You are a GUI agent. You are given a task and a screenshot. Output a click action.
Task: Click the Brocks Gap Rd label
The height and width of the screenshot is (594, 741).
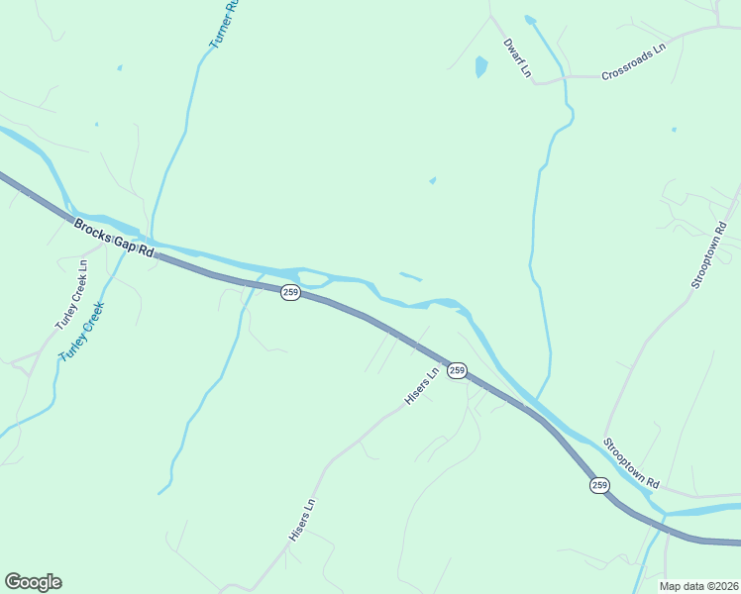(114, 239)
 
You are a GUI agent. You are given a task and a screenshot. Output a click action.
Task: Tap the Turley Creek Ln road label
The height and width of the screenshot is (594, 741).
(71, 296)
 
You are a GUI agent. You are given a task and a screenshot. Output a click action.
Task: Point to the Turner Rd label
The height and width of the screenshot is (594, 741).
(224, 24)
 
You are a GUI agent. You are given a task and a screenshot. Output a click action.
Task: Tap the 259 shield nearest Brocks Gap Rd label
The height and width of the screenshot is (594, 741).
(289, 292)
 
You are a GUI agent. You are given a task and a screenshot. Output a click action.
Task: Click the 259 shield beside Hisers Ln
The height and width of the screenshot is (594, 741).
(456, 370)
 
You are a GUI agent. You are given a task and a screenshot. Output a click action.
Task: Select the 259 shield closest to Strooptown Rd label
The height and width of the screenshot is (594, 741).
(599, 484)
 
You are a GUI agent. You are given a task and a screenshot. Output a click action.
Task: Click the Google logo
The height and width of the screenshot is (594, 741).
(33, 582)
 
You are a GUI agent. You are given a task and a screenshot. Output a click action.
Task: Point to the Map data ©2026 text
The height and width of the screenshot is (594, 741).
(697, 586)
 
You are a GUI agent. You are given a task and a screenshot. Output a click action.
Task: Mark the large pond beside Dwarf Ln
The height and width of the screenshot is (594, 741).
(481, 66)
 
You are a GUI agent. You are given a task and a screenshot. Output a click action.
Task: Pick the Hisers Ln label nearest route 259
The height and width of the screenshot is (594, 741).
(420, 387)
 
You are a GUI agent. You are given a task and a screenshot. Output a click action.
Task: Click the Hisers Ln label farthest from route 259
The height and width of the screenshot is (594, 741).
(301, 519)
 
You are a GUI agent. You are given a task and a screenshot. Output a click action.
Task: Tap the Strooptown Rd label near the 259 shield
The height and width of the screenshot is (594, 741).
(631, 463)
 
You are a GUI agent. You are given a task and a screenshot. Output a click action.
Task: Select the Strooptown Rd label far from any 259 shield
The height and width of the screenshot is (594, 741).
(708, 255)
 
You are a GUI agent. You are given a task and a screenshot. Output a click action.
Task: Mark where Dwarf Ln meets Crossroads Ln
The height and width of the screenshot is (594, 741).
(536, 83)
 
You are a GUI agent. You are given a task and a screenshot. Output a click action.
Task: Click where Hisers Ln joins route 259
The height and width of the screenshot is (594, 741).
(443, 361)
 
